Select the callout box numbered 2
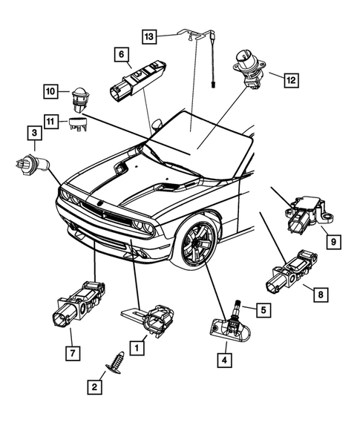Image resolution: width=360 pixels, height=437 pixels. pos(94,386)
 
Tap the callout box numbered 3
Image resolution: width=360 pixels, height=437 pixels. pos(33,134)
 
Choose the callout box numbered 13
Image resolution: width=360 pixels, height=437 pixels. pos(150,36)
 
